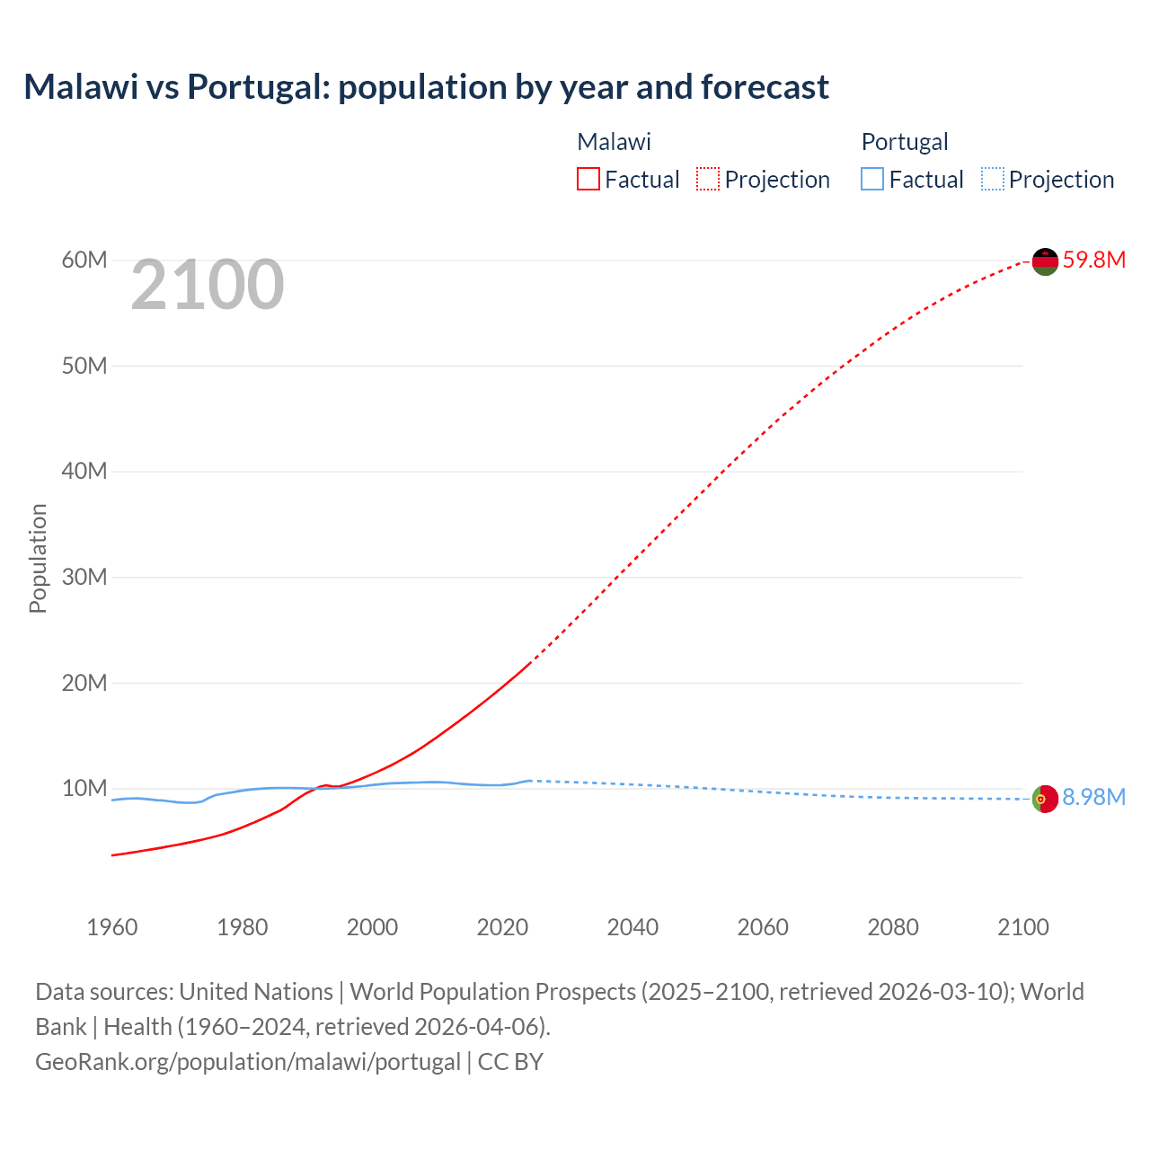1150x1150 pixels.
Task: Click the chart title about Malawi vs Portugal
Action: click(426, 87)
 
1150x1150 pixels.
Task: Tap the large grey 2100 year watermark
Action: click(208, 285)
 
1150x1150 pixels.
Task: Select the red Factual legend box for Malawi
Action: click(588, 179)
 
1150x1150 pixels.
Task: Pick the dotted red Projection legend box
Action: click(708, 179)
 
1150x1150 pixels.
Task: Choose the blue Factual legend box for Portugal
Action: click(872, 179)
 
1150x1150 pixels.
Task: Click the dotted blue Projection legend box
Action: click(993, 179)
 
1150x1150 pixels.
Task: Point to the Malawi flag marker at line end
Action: click(1045, 261)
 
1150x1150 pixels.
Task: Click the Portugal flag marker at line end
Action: click(1045, 799)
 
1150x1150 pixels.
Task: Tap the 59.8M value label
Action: click(1093, 260)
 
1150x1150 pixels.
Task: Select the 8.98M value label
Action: click(1093, 797)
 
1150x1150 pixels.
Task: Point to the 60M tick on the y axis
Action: click(84, 260)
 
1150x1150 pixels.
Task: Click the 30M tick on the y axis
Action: click(84, 577)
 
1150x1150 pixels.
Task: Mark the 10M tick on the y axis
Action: click(84, 788)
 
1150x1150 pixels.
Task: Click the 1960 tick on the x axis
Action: click(112, 927)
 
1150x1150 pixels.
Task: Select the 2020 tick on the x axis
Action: click(502, 927)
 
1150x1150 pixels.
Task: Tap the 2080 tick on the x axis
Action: click(893, 927)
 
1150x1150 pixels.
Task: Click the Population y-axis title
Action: click(38, 558)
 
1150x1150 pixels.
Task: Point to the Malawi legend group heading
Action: click(614, 142)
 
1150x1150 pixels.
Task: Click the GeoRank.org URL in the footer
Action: click(248, 1061)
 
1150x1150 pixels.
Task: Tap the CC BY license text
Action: click(510, 1061)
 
